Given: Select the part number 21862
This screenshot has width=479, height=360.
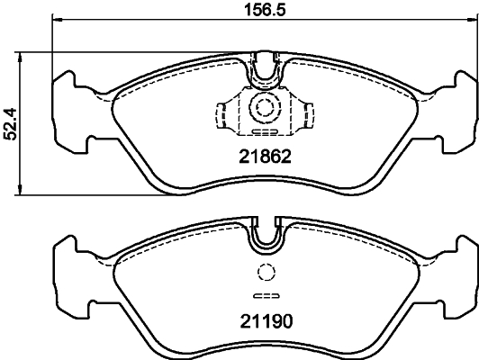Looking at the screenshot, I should tap(266, 156).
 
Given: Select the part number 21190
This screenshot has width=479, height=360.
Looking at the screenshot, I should tap(266, 319).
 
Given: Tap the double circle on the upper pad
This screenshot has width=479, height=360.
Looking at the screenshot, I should tap(266, 106).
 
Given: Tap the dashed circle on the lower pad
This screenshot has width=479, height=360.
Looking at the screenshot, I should tap(266, 274).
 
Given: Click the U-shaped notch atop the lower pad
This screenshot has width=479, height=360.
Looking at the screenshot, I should tap(266, 233).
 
